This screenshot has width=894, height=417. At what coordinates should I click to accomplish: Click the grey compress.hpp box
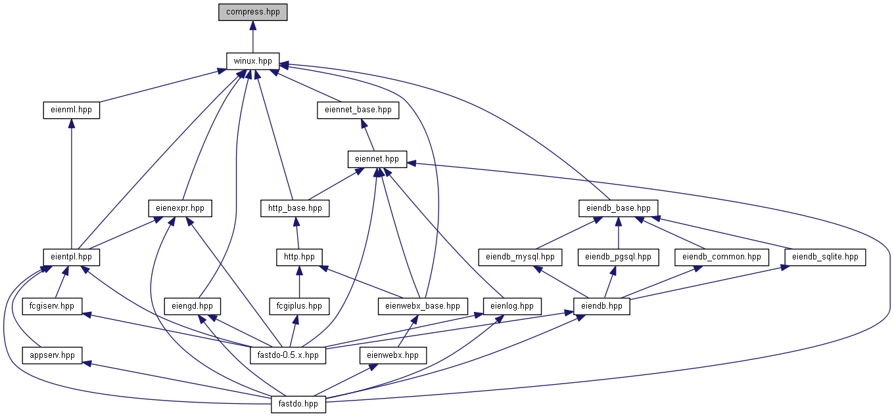tap(252, 12)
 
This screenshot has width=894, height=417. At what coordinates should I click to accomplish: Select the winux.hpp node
tap(252, 61)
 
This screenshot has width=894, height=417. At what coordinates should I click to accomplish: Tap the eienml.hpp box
tap(72, 110)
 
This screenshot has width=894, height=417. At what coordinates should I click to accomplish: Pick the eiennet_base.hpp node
tap(358, 110)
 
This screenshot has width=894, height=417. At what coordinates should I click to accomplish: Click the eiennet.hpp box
tap(377, 159)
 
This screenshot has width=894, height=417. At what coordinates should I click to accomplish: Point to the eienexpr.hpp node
tap(180, 208)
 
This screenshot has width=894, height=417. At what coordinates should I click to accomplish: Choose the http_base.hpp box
tap(295, 208)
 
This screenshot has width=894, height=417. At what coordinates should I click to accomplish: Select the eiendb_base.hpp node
tap(618, 208)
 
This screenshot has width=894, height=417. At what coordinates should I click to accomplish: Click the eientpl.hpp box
tap(72, 257)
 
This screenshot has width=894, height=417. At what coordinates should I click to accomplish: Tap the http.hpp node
tap(299, 257)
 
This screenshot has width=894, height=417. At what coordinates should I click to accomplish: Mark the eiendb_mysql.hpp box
tap(520, 257)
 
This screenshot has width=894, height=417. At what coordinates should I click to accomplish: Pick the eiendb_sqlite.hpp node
tap(825, 257)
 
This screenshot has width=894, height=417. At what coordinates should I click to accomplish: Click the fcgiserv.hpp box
tap(52, 306)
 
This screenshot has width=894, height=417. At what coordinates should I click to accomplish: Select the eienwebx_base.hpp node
tap(423, 306)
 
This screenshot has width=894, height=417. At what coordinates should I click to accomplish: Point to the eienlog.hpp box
tap(512, 306)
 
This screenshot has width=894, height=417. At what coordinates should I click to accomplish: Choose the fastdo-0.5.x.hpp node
tap(288, 355)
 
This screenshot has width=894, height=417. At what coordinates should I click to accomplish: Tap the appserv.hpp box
tap(53, 355)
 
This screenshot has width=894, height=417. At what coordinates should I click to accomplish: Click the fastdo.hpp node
tap(298, 405)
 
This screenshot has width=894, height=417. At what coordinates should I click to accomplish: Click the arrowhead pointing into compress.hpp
tap(252, 26)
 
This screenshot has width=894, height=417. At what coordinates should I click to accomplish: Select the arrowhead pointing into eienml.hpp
tap(72, 124)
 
